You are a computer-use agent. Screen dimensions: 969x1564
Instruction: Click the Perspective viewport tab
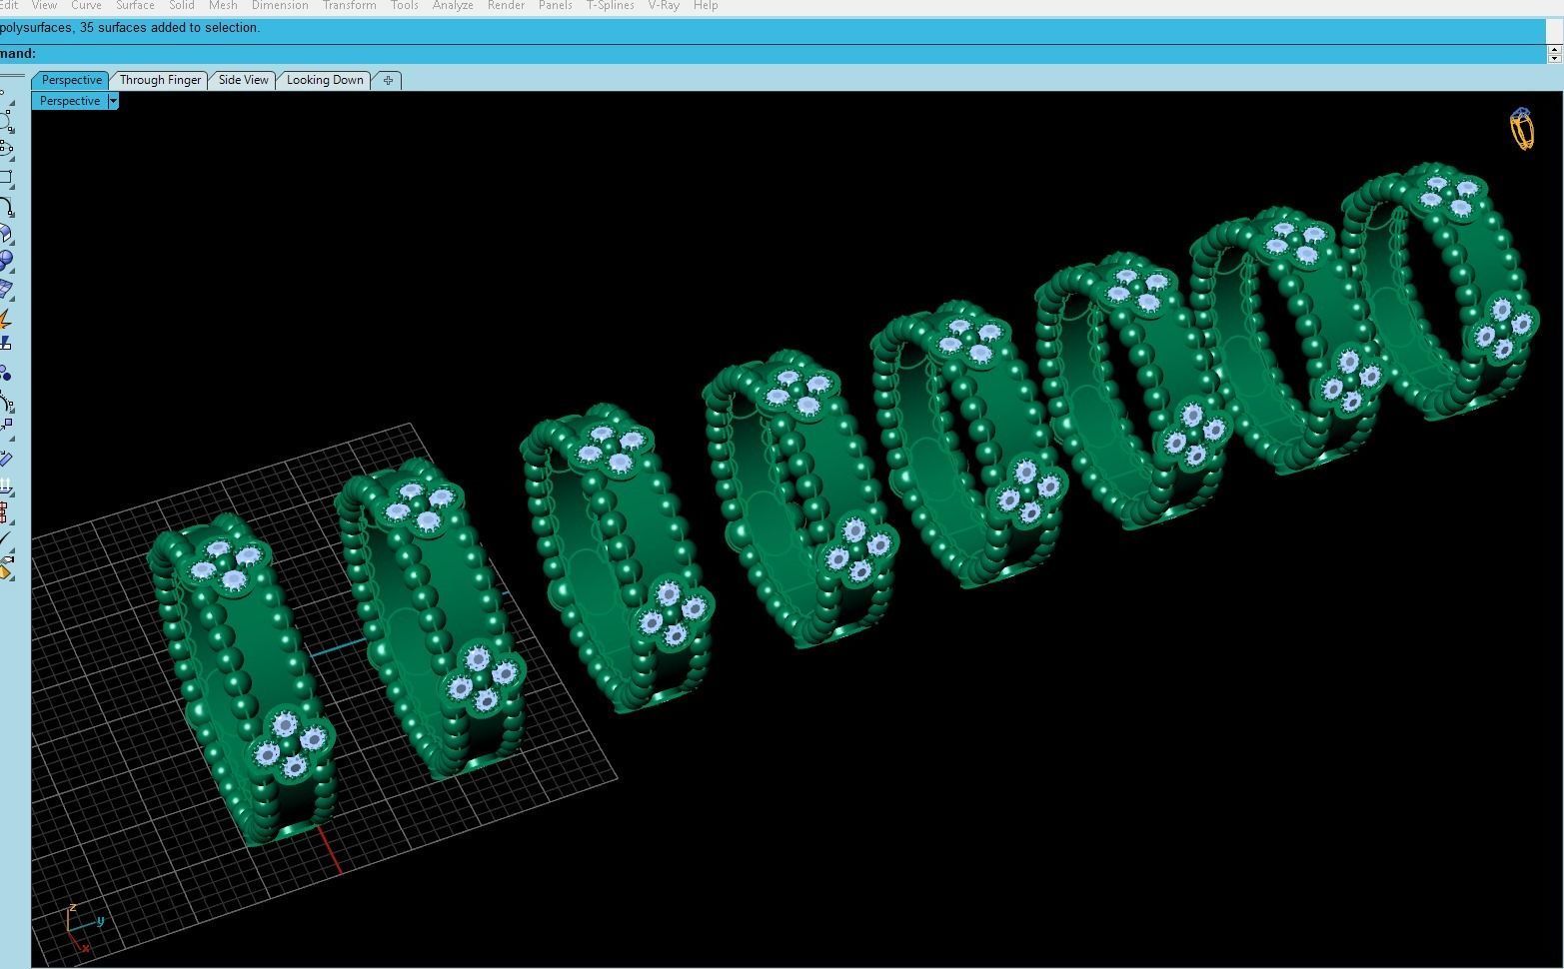tap(71, 80)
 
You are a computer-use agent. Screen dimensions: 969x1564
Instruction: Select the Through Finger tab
tap(160, 80)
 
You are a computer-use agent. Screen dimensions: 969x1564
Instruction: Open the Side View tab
tap(243, 80)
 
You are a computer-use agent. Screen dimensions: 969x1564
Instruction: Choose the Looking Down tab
tap(325, 80)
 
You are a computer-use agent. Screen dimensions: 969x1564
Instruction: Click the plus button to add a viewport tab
tap(388, 80)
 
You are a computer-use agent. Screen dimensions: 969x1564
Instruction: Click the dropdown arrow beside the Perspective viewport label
tap(113, 101)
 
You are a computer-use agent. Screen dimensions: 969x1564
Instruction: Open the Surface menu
tap(135, 6)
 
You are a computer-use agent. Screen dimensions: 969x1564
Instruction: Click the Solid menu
tap(182, 6)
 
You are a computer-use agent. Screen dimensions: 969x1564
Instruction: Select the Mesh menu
tap(223, 6)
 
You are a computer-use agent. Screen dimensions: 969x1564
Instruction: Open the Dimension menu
tap(280, 6)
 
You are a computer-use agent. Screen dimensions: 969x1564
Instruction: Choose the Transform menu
tap(349, 6)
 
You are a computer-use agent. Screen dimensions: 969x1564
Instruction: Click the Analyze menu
tap(453, 6)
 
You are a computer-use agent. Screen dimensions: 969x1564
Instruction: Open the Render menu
tap(506, 6)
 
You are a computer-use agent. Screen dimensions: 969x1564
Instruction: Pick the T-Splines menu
tap(610, 6)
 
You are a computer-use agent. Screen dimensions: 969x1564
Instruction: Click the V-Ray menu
tap(664, 6)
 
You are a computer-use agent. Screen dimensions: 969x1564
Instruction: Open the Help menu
tap(706, 6)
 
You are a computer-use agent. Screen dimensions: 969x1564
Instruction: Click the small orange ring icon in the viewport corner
tap(1522, 130)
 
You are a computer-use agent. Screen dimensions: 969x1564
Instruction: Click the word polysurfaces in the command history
tap(36, 28)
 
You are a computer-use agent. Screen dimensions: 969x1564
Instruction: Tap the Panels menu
tap(555, 6)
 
